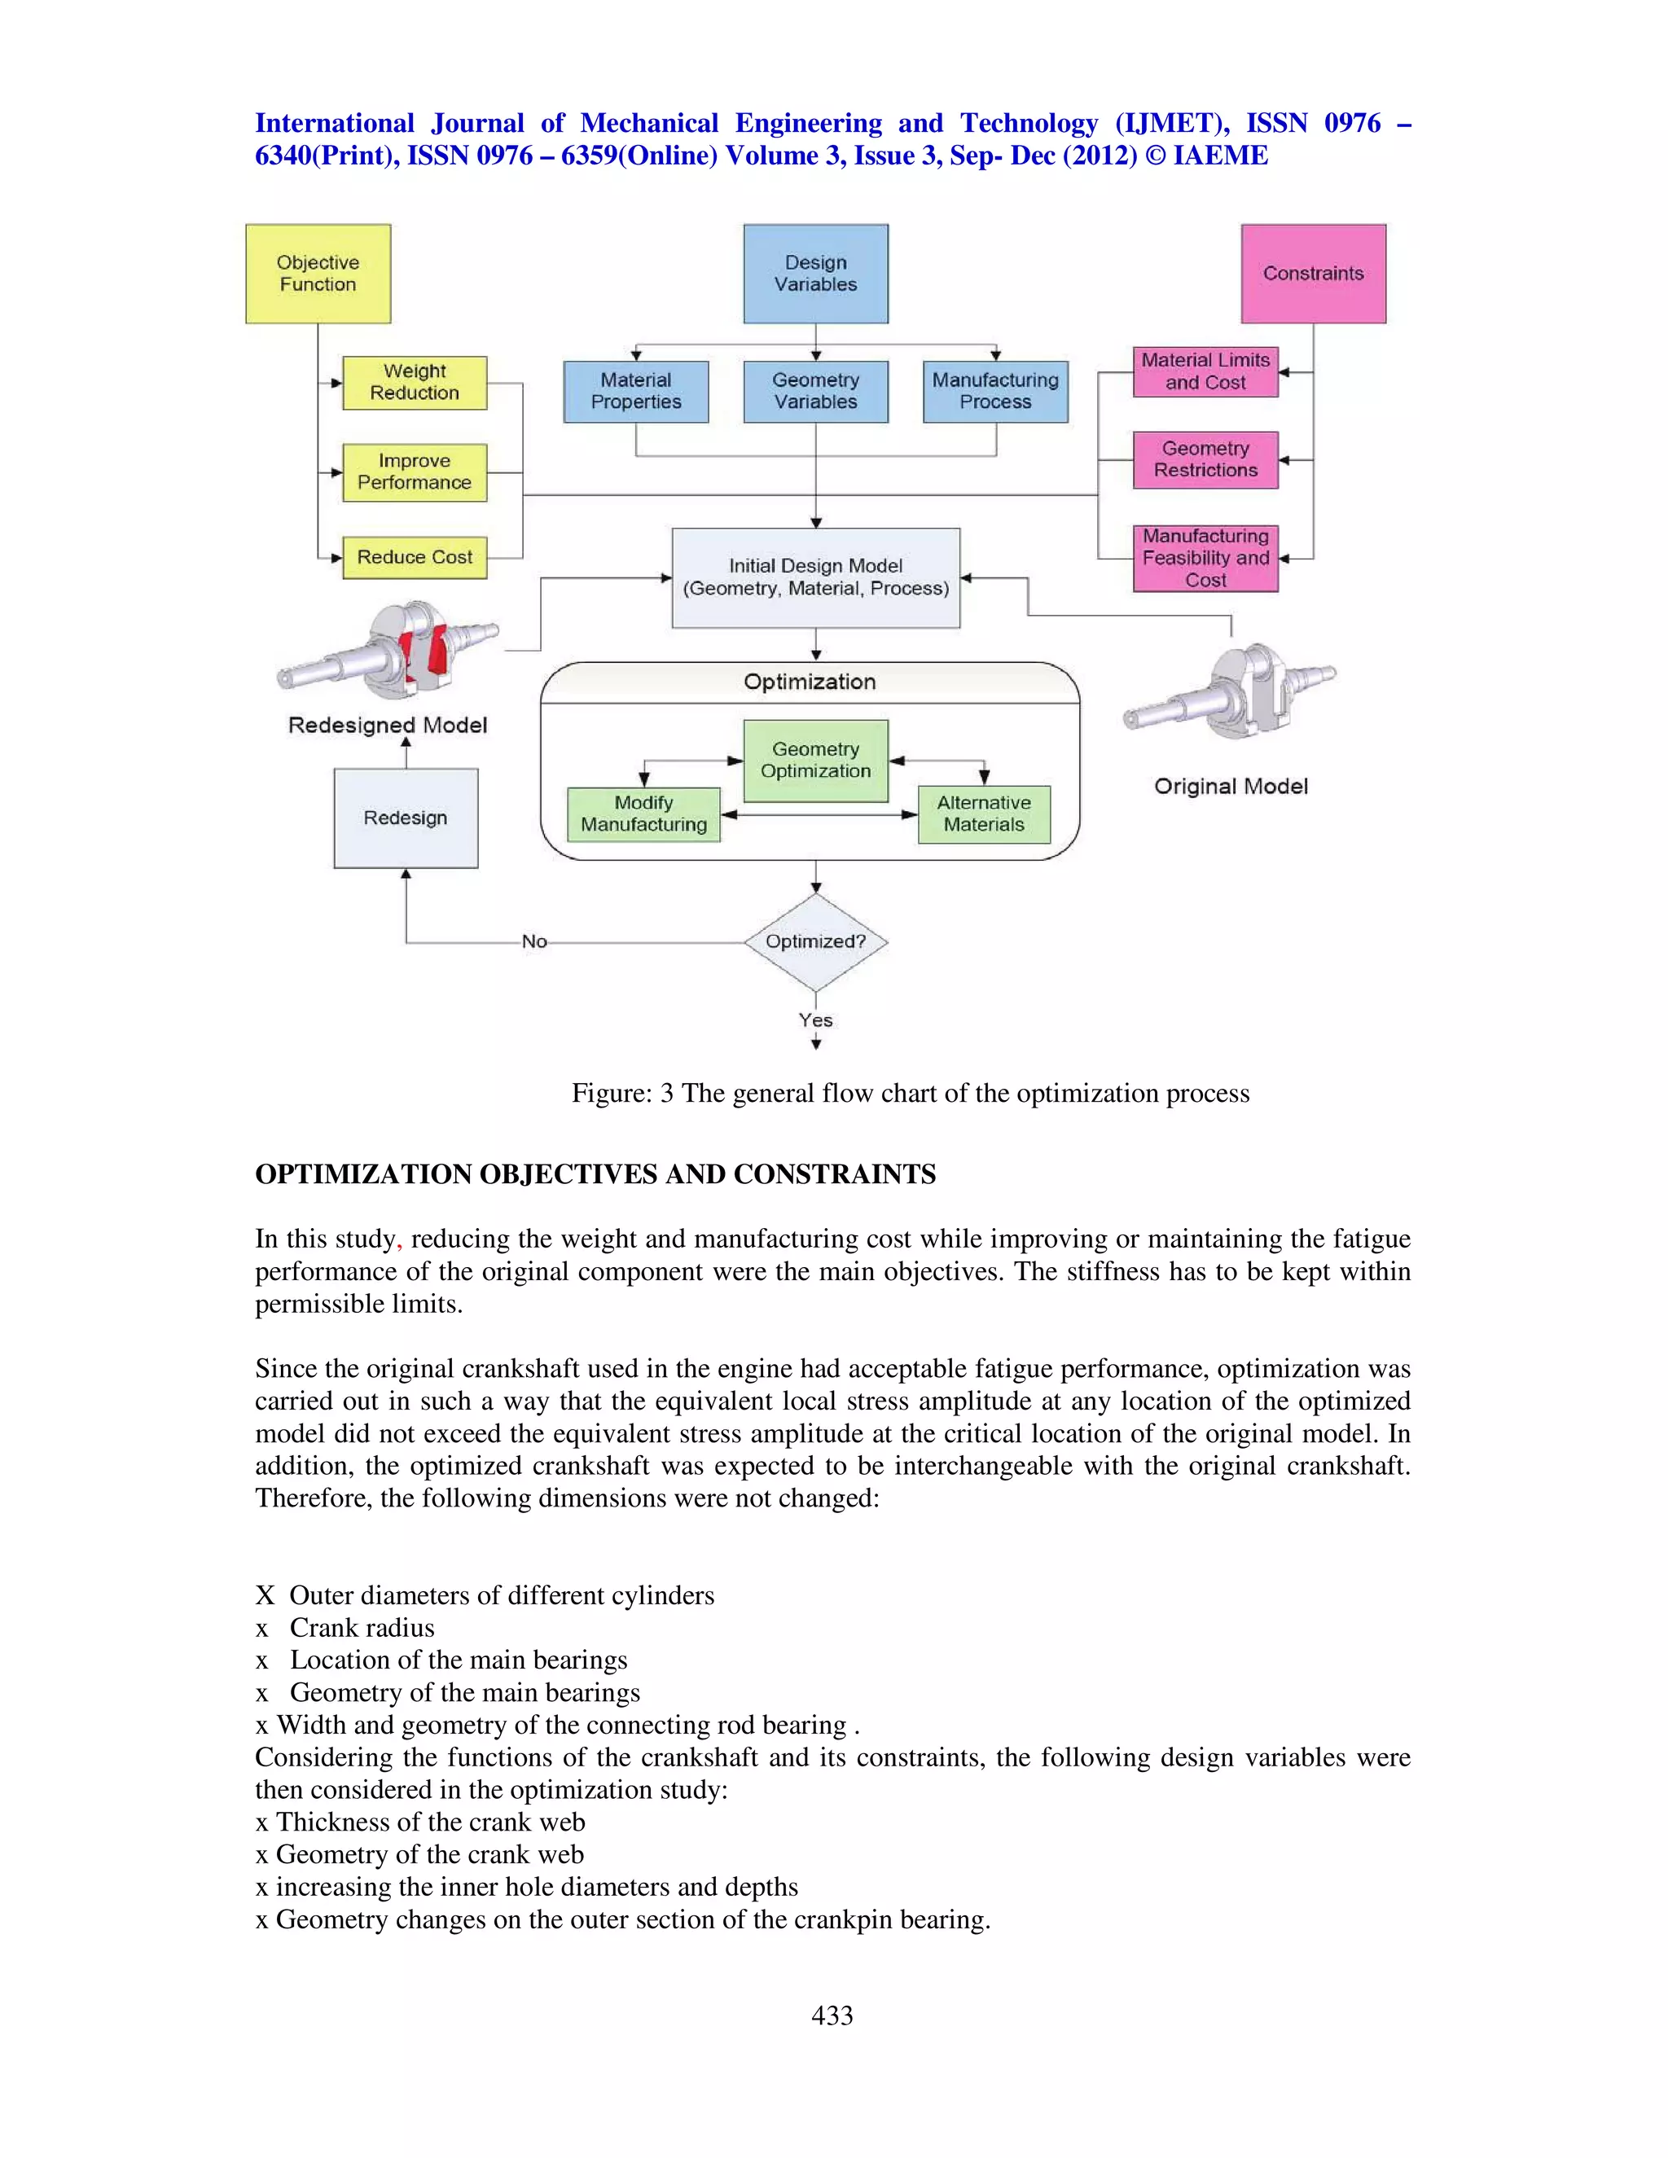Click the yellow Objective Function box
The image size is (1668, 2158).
(x=317, y=274)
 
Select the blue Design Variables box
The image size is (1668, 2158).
(x=815, y=274)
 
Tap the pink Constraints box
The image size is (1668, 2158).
(x=1313, y=274)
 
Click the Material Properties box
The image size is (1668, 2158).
(x=635, y=391)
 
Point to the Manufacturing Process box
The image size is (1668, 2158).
(x=995, y=391)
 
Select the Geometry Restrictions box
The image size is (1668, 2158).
(x=1205, y=459)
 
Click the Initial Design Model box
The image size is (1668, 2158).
(x=815, y=578)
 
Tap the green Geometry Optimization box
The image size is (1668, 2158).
(x=815, y=761)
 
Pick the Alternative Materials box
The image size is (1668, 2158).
(x=983, y=814)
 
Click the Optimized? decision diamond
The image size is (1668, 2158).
(x=815, y=941)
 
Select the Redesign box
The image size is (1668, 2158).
(x=405, y=818)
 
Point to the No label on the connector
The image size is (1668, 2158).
(x=534, y=941)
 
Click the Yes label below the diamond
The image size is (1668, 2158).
(x=815, y=1020)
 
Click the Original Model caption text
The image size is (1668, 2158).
(x=1231, y=787)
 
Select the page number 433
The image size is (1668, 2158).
(x=832, y=2015)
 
